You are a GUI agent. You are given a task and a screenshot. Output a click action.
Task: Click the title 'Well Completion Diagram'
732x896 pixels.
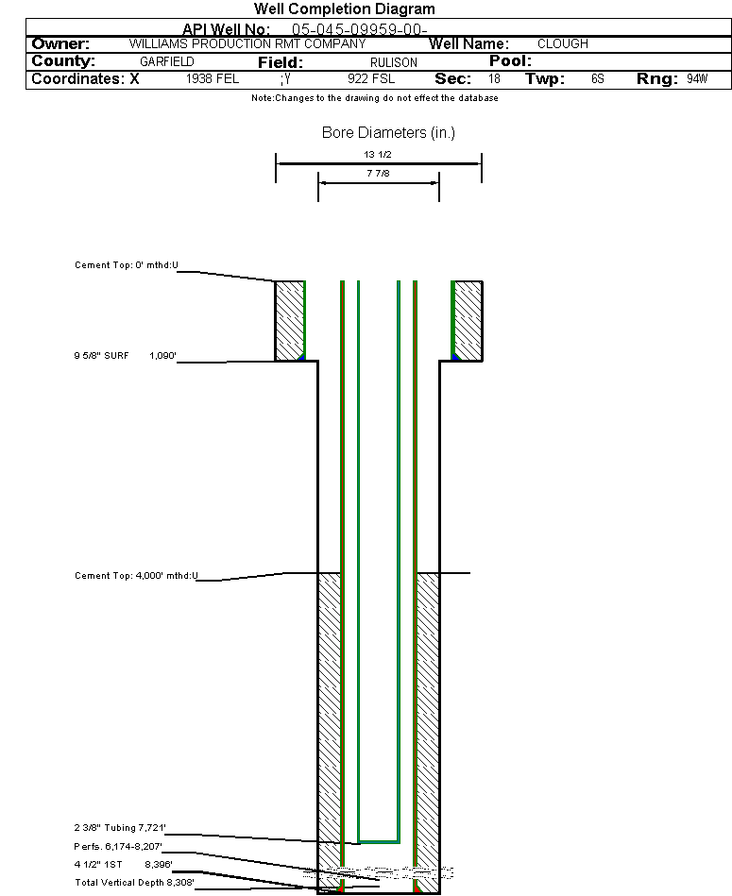coord(345,9)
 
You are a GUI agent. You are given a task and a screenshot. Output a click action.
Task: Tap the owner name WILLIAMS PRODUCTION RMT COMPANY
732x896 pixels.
coord(247,44)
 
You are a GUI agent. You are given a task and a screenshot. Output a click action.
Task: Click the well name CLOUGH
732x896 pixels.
coord(563,44)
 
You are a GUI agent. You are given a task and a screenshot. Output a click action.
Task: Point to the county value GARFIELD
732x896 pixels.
coord(167,61)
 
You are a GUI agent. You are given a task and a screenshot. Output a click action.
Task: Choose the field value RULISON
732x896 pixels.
coord(394,62)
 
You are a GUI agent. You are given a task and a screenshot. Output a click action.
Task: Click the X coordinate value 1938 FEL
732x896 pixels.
coord(212,79)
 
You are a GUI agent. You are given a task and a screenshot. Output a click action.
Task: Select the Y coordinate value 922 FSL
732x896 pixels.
coord(371,79)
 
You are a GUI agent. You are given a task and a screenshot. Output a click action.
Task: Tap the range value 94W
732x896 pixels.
coord(697,79)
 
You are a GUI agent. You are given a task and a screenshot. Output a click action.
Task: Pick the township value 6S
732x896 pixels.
coord(598,79)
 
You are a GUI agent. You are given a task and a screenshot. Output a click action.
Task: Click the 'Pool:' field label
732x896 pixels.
coord(510,61)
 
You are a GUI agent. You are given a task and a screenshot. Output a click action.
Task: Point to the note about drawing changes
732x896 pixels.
coord(375,98)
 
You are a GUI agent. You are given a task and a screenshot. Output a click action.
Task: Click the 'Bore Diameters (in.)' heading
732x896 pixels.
coord(388,132)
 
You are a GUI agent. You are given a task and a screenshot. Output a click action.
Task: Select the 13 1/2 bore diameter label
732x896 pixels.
coord(378,154)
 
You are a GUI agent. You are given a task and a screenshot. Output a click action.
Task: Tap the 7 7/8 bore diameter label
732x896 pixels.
coord(379,173)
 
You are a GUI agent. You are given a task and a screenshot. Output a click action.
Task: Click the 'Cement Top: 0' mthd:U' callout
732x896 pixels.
coord(127,265)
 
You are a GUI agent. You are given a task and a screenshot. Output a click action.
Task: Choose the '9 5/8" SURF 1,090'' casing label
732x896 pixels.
coord(125,355)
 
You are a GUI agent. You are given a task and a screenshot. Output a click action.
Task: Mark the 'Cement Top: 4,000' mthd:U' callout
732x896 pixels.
coord(137,575)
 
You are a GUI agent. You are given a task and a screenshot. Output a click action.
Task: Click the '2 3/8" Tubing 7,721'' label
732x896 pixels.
coord(120,827)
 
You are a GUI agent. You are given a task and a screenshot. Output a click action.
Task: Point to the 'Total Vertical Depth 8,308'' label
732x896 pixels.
coord(135,882)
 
